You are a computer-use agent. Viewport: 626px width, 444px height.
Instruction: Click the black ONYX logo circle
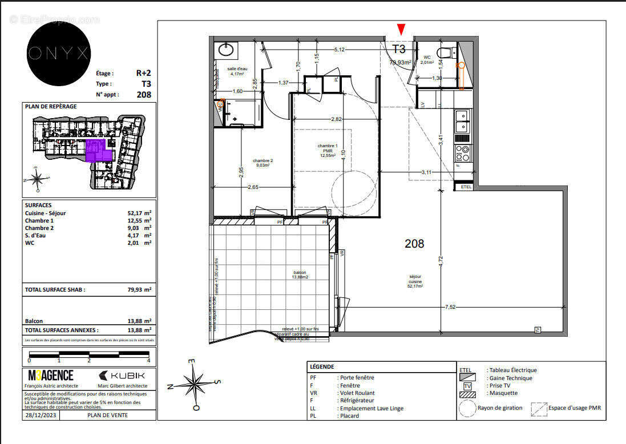[59, 54]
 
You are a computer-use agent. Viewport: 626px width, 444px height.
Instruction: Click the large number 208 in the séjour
[414, 244]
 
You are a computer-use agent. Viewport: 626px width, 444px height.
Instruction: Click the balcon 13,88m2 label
[300, 275]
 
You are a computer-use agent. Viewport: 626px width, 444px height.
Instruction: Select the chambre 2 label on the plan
[263, 163]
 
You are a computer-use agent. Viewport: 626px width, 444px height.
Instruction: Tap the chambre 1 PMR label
[328, 151]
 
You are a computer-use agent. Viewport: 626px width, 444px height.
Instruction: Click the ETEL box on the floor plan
[466, 187]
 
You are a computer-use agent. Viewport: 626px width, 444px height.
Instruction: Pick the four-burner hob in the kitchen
[462, 153]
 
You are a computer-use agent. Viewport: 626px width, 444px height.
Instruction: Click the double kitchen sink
[462, 122]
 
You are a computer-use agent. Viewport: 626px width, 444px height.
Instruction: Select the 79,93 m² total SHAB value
[139, 290]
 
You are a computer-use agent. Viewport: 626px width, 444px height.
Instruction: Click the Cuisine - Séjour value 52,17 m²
[139, 213]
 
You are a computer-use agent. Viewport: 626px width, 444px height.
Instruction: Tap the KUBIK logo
[122, 376]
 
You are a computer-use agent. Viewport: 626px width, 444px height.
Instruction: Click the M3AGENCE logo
[51, 376]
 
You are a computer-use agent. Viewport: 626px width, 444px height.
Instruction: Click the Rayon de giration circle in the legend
[467, 408]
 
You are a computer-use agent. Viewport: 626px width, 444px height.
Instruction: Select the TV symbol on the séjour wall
[537, 330]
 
